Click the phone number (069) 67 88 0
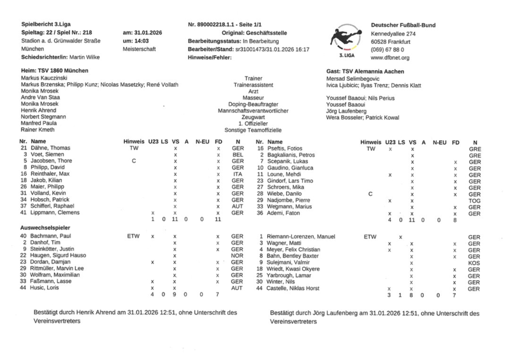tap(390, 49)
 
